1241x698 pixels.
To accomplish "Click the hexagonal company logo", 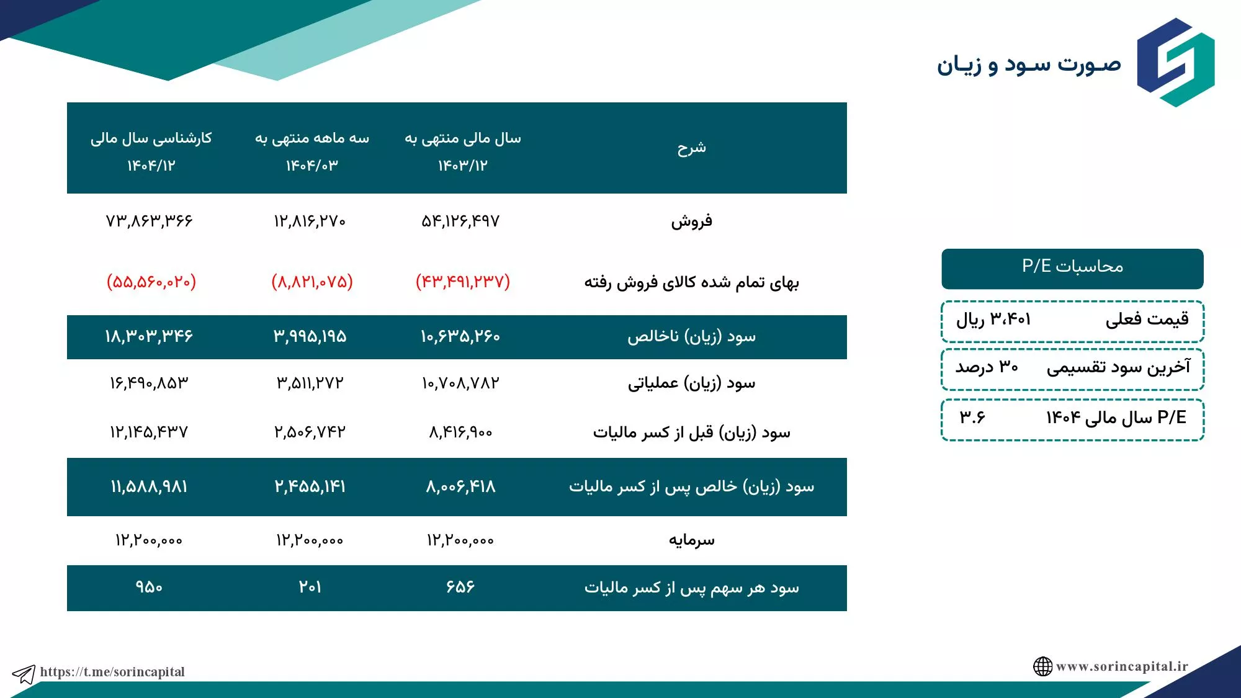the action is tap(1175, 62).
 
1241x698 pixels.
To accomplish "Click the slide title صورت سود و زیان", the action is tap(1029, 65).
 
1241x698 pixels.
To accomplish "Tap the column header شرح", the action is tap(691, 148).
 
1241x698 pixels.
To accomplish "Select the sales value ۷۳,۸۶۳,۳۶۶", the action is tap(149, 221).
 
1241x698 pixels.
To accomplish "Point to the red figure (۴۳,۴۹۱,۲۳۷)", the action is tap(463, 282).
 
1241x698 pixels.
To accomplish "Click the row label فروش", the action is tap(691, 221).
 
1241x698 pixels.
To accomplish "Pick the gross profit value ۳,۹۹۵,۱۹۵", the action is tap(310, 336).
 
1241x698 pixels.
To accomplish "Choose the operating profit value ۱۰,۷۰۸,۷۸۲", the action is tap(460, 383).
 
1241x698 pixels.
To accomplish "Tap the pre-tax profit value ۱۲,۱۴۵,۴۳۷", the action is tap(149, 432).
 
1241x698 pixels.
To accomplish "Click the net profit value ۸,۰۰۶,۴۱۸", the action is tap(460, 486).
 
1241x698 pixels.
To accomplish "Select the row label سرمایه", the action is tap(691, 540).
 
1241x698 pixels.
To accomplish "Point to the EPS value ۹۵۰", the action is tap(149, 587).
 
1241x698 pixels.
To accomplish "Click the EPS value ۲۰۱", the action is tap(310, 587).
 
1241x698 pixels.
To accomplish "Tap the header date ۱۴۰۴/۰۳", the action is tap(311, 166).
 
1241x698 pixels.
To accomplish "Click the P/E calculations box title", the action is tap(1072, 267).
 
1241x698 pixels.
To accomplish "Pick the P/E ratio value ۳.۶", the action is tap(972, 418).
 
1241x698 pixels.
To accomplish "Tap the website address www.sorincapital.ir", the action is tap(1122, 666).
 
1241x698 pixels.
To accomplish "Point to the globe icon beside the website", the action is tap(1042, 666).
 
